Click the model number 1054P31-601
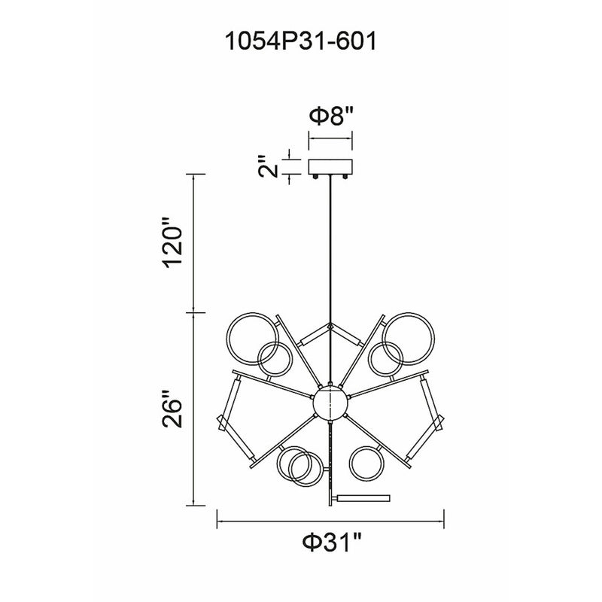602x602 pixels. pos(300,41)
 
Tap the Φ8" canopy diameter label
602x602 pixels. pos(331,116)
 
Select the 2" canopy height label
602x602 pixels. pos(268,166)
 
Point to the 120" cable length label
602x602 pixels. pos(172,242)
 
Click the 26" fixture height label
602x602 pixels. pos(172,409)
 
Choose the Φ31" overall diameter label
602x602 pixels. pos(332,543)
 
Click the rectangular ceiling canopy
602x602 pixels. pos(330,166)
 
